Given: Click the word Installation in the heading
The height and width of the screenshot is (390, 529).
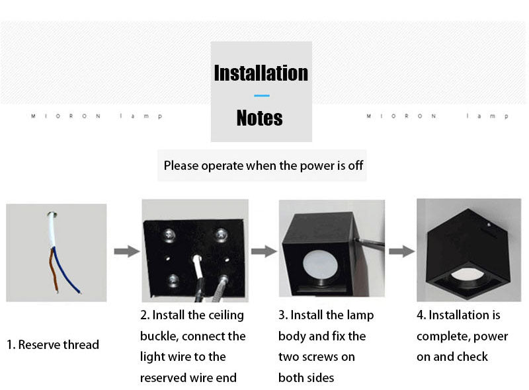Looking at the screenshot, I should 261,73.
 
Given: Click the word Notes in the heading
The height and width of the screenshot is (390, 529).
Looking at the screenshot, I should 259,118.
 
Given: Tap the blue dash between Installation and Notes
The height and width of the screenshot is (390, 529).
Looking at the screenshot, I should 261,96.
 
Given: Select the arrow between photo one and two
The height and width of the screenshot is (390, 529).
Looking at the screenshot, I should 126,251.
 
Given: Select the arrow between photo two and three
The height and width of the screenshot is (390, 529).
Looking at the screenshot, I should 263,251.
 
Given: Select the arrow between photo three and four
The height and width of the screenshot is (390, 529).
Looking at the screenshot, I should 401,251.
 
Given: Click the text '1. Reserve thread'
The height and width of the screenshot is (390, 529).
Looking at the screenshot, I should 53,344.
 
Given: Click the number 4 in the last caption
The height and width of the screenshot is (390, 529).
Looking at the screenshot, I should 421,315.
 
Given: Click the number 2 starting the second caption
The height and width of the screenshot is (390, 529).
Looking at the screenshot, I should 144,315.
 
